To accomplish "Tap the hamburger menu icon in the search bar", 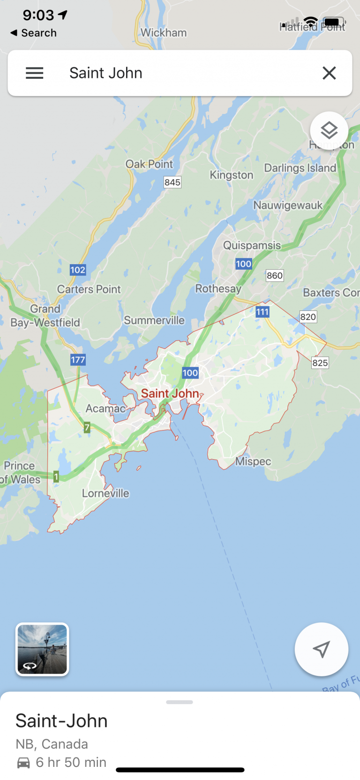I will pyautogui.click(x=34, y=73).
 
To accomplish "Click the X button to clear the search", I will pyautogui.click(x=329, y=73).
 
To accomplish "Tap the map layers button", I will pyautogui.click(x=329, y=130).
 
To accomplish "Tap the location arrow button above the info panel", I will pyautogui.click(x=321, y=649).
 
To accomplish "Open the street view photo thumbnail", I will pyautogui.click(x=42, y=649).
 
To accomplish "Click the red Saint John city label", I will pyautogui.click(x=170, y=394).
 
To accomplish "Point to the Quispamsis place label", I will pyautogui.click(x=252, y=245).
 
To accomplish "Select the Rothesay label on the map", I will pyautogui.click(x=218, y=288).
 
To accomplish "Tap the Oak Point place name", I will pyautogui.click(x=149, y=164).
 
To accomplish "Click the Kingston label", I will pyautogui.click(x=231, y=175).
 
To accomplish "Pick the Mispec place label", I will pyautogui.click(x=253, y=462).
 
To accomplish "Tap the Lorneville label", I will pyautogui.click(x=105, y=493).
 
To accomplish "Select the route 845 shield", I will pyautogui.click(x=172, y=182).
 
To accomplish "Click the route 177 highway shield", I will pyautogui.click(x=78, y=360).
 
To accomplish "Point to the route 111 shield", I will pyautogui.click(x=262, y=312).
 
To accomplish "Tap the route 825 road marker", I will pyautogui.click(x=320, y=363).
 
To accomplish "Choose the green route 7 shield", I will pyautogui.click(x=87, y=427).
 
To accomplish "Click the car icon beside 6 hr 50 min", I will pyautogui.click(x=23, y=763).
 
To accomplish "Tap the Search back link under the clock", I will pyautogui.click(x=34, y=33).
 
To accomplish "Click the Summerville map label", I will pyautogui.click(x=154, y=320).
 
